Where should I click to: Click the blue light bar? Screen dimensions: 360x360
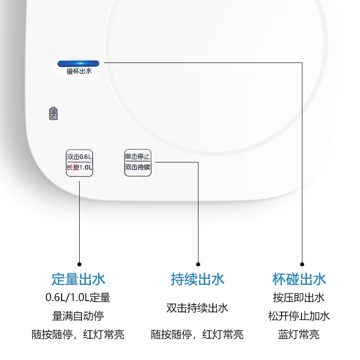point(78,63)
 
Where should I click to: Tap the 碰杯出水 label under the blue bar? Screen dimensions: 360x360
point(79,71)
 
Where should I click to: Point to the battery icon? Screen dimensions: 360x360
point(54,113)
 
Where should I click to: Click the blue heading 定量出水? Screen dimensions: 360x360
point(78,279)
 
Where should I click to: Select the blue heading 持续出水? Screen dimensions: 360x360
point(198,279)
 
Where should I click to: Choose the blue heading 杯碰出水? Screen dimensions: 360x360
point(299,279)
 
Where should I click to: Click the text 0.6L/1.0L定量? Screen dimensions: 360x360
point(78,297)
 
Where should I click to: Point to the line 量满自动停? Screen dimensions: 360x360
point(78,316)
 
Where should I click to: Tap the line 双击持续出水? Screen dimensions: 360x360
point(197,308)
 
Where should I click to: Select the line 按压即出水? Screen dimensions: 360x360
point(299,298)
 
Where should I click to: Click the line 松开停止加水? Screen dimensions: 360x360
point(299,316)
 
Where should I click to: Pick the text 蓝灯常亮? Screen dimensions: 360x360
point(299,334)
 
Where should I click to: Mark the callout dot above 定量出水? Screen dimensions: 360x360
point(80,264)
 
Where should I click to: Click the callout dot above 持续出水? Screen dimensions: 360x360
point(198,264)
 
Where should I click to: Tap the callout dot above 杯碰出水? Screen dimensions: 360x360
point(302,264)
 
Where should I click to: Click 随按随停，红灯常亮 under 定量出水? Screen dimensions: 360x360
point(78,334)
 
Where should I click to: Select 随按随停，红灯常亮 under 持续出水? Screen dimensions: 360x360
point(197,334)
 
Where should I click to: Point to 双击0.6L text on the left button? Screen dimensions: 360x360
point(79,157)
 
